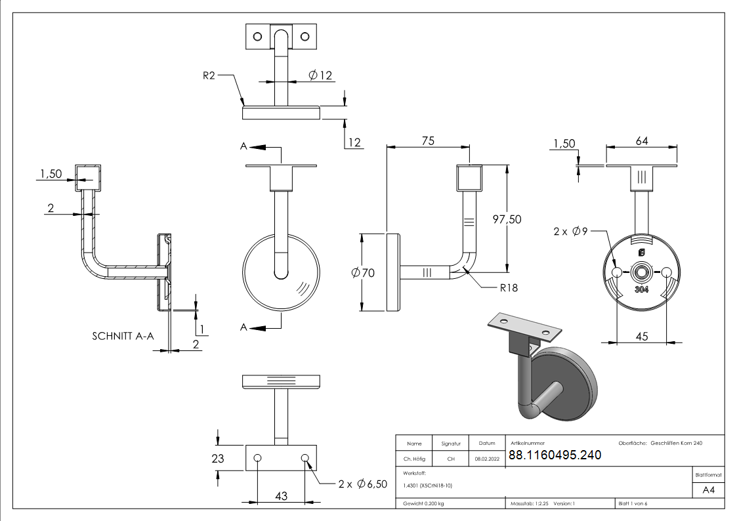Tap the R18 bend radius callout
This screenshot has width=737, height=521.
coord(509,287)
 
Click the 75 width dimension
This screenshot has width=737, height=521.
coord(428,140)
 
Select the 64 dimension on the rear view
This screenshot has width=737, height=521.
coord(642,140)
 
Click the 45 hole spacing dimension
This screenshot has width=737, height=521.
coord(642,337)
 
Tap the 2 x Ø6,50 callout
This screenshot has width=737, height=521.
coord(362,484)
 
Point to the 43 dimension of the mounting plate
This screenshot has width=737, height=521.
coord(281,497)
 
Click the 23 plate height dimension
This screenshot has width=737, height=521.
coord(218,459)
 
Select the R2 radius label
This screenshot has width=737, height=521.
coord(209,76)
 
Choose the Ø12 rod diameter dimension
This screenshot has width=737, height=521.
coord(321,75)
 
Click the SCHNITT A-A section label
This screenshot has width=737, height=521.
coord(123,336)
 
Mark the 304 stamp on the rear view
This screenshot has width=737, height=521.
coord(642,289)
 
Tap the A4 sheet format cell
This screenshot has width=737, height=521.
coord(709,490)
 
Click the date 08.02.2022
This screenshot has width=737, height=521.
coord(486,459)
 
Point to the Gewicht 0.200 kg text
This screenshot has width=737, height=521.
coord(423,503)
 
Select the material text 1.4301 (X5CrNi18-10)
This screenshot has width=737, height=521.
coord(428,486)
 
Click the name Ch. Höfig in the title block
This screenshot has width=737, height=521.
coord(413,459)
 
